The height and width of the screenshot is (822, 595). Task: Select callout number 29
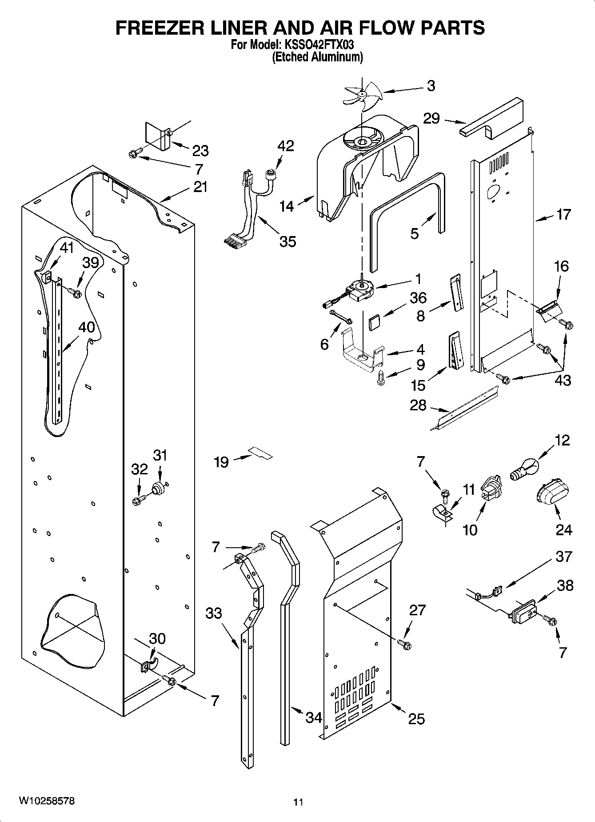click(431, 119)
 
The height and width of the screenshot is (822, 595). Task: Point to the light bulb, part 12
click(524, 471)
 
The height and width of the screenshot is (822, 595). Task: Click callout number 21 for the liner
click(200, 187)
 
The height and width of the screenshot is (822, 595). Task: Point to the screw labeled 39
click(75, 293)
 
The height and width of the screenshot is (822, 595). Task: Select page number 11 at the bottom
click(298, 802)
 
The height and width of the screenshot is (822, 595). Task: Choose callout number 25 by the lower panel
click(416, 718)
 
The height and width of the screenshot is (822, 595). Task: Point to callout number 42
click(286, 146)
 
